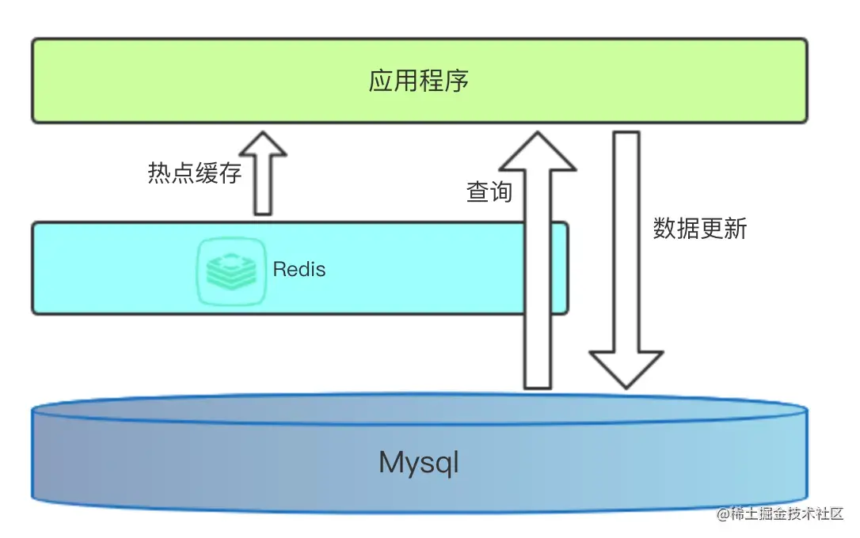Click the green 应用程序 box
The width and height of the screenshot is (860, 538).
click(x=198, y=80)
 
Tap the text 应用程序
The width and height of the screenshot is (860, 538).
click(x=419, y=81)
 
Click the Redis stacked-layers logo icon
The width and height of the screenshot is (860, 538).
click(x=231, y=271)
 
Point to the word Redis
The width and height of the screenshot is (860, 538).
click(x=299, y=270)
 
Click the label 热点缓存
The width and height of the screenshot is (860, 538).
click(x=195, y=173)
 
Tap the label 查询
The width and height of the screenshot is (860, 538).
click(x=489, y=191)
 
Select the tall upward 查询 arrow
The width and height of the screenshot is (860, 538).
click(x=538, y=277)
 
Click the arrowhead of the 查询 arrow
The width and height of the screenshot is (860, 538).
click(x=538, y=152)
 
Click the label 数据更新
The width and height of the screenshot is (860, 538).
click(x=700, y=229)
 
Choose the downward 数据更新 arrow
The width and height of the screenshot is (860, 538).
click(x=626, y=253)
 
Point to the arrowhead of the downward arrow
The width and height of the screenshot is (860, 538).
click(x=626, y=368)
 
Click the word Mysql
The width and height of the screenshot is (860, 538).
click(x=419, y=462)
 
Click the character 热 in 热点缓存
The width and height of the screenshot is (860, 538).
click(x=159, y=173)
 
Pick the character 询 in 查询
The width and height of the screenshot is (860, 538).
click(x=501, y=191)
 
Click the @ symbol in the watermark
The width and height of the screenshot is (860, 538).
click(x=722, y=515)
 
